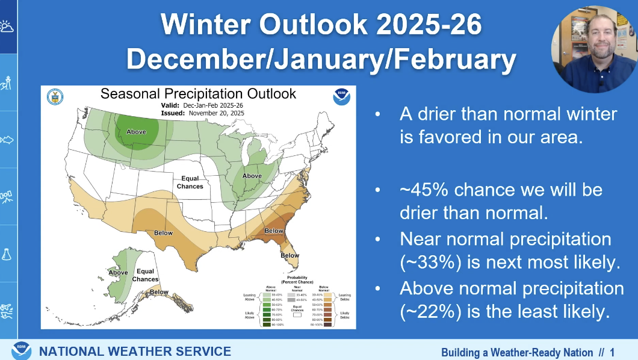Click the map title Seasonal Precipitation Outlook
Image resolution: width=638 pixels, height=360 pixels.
pyautogui.click(x=198, y=94)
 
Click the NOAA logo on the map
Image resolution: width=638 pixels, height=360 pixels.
pyautogui.click(x=341, y=98)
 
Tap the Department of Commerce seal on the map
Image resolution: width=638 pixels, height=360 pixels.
pyautogui.click(x=55, y=97)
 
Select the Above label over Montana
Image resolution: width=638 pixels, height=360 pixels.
pyautogui.click(x=136, y=132)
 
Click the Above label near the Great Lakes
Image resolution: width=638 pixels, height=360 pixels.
pyautogui.click(x=252, y=176)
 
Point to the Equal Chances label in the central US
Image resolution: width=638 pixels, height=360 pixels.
pyautogui.click(x=190, y=182)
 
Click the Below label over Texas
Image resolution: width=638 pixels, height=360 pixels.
pyautogui.click(x=163, y=233)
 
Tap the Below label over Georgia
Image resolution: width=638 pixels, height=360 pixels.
pyautogui.click(x=274, y=231)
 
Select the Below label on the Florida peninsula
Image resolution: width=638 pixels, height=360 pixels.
pyautogui.click(x=290, y=255)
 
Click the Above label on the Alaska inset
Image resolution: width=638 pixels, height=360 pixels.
pyautogui.click(x=118, y=273)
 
